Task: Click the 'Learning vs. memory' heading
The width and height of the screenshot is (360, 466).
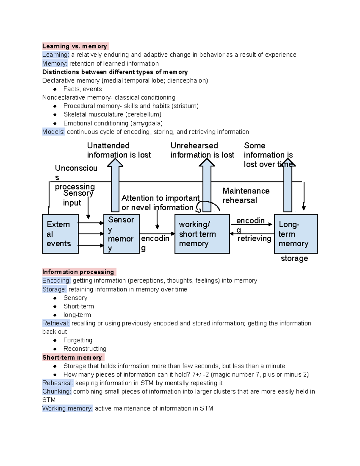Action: point(75,46)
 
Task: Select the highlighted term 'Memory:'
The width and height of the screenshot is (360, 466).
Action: point(55,64)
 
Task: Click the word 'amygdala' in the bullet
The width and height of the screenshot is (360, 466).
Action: point(146,123)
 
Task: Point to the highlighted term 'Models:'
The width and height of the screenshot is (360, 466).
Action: point(53,132)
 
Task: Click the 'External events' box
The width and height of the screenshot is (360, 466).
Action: point(60,234)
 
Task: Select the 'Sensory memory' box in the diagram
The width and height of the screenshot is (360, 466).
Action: point(121,234)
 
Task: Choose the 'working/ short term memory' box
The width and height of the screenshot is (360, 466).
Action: point(202,234)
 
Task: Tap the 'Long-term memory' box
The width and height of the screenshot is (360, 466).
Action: point(296,234)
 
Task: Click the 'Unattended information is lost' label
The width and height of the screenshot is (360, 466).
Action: point(119,150)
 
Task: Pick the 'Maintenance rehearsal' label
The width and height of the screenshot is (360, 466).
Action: point(246,196)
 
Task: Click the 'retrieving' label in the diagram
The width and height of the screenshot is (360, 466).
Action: point(254,239)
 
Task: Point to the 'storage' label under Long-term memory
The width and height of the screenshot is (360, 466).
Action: point(294,258)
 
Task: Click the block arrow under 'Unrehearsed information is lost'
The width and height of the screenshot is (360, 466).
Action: point(207,186)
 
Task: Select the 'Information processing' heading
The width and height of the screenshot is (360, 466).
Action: point(78,272)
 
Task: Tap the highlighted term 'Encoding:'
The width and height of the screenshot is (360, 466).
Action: point(56,281)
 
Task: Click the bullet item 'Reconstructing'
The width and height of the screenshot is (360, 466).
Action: point(85,349)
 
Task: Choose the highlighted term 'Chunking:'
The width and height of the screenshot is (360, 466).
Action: point(57,392)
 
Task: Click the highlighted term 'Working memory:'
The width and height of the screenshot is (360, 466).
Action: point(67,408)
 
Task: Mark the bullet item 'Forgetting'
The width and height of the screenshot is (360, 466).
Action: point(78,340)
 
